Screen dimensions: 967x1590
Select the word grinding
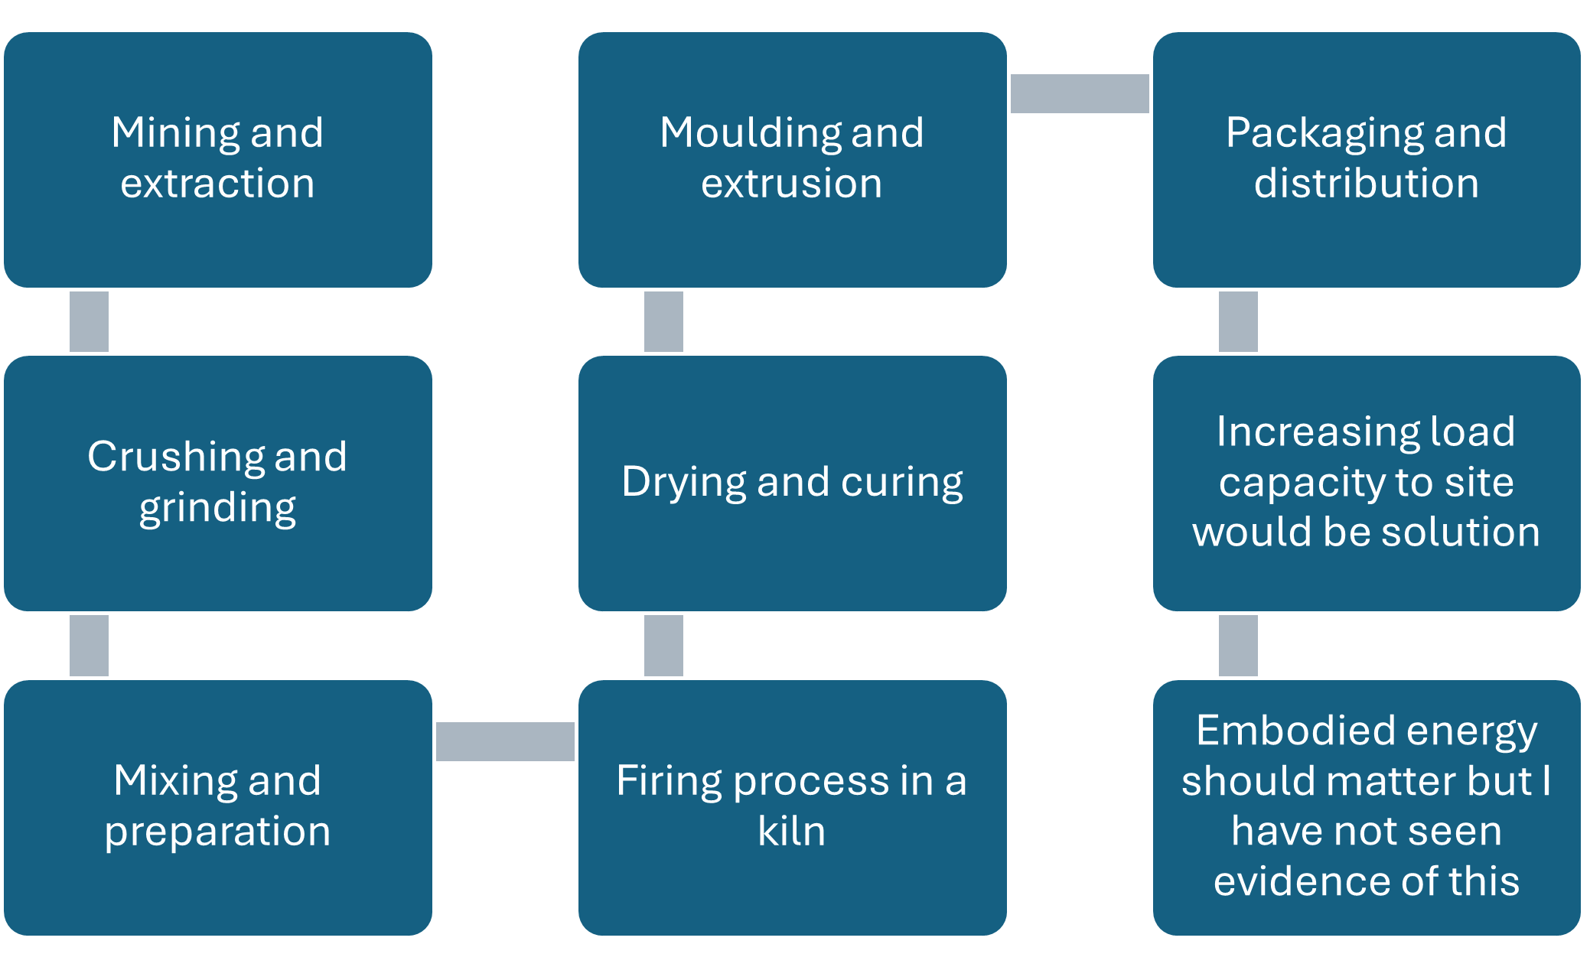tap(217, 508)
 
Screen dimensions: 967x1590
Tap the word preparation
tap(217, 832)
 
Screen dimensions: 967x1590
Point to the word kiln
tap(792, 832)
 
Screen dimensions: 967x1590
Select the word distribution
tap(1367, 184)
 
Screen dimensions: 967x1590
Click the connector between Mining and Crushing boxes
tap(89, 321)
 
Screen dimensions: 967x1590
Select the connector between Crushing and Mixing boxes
tap(89, 646)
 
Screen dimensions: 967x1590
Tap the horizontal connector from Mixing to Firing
tap(505, 741)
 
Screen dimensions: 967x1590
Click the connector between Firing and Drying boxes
tap(663, 646)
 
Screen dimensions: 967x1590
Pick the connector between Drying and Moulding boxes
tap(663, 321)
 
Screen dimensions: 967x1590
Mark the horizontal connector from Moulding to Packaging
tap(1080, 93)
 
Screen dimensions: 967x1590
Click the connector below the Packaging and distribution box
tap(1238, 321)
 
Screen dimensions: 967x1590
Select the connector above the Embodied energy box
tap(1238, 646)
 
